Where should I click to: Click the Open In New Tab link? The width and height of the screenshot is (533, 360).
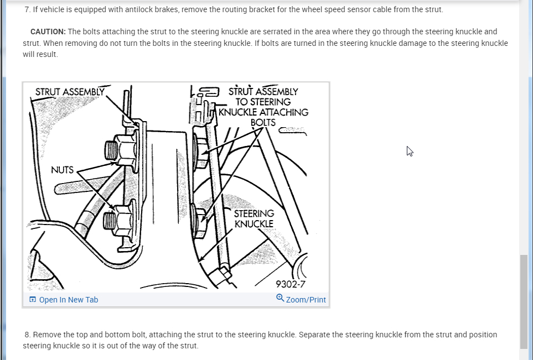(x=68, y=300)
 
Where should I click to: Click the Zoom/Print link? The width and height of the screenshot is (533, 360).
(x=306, y=300)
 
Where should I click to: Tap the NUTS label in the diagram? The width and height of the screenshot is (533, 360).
(x=62, y=170)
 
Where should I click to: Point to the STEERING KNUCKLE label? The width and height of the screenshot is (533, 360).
(x=254, y=218)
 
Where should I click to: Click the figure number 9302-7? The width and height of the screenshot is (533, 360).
(x=291, y=285)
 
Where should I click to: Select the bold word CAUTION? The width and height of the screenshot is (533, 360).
(x=48, y=32)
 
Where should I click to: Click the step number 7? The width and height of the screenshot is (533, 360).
(x=27, y=10)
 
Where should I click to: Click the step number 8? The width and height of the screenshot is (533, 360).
(x=27, y=335)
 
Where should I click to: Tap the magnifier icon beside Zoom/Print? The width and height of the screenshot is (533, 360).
(x=280, y=298)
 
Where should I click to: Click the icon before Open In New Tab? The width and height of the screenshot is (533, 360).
(x=33, y=300)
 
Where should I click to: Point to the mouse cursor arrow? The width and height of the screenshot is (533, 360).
(x=410, y=151)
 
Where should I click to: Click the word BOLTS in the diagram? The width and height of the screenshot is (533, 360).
(x=263, y=122)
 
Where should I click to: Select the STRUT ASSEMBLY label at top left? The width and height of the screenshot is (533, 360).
(x=70, y=92)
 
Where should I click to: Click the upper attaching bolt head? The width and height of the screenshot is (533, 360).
(x=200, y=148)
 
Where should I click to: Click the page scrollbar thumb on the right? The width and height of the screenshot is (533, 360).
(x=524, y=301)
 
